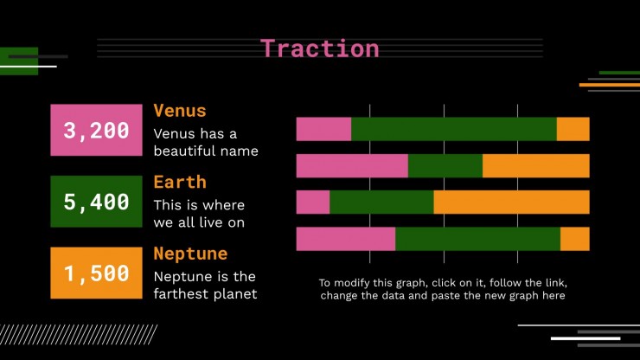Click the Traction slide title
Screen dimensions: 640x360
[x=320, y=48]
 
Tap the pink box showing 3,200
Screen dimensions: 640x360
[x=96, y=130]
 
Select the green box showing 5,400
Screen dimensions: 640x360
[x=96, y=202]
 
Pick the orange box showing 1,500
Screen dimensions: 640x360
[x=96, y=273]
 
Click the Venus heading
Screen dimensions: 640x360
[x=180, y=111]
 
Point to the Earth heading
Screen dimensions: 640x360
[x=180, y=183]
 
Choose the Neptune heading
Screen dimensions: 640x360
[x=190, y=254]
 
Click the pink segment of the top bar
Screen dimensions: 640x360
[x=323, y=129]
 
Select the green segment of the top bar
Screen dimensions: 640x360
[x=454, y=129]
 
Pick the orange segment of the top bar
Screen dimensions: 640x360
[x=573, y=129]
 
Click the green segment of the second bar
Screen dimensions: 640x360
[x=445, y=166]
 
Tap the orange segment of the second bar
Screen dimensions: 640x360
[x=536, y=166]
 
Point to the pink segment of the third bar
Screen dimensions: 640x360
[x=313, y=202]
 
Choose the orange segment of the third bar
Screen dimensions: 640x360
[x=512, y=202]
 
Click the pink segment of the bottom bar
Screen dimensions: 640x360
[x=346, y=239]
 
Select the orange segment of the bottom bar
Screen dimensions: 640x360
[x=575, y=239]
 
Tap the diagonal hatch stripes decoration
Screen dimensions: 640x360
[x=79, y=335]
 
